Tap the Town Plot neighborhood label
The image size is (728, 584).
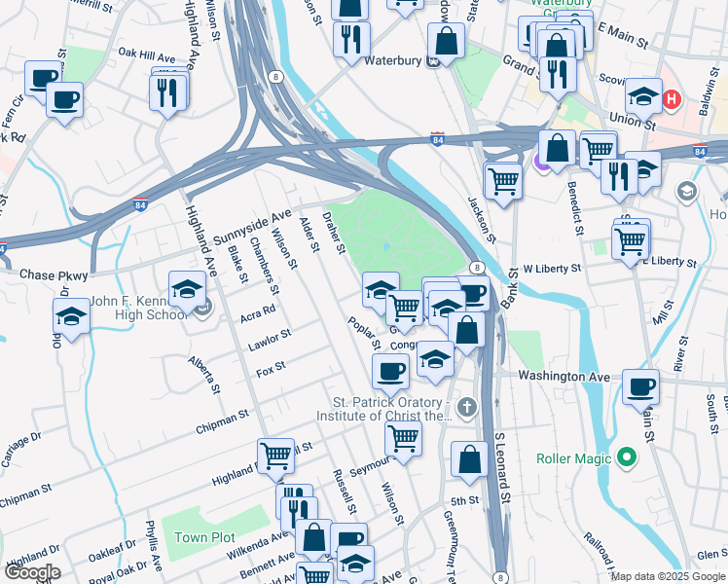click(x=204, y=537)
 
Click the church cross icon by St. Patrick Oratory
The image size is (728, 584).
click(x=467, y=406)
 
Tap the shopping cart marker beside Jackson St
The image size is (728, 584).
click(x=503, y=180)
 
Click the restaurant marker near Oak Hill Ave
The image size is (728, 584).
click(x=167, y=91)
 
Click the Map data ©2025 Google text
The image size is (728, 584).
click(x=668, y=576)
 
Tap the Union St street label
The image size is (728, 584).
click(x=628, y=118)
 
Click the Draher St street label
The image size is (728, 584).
click(x=335, y=235)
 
